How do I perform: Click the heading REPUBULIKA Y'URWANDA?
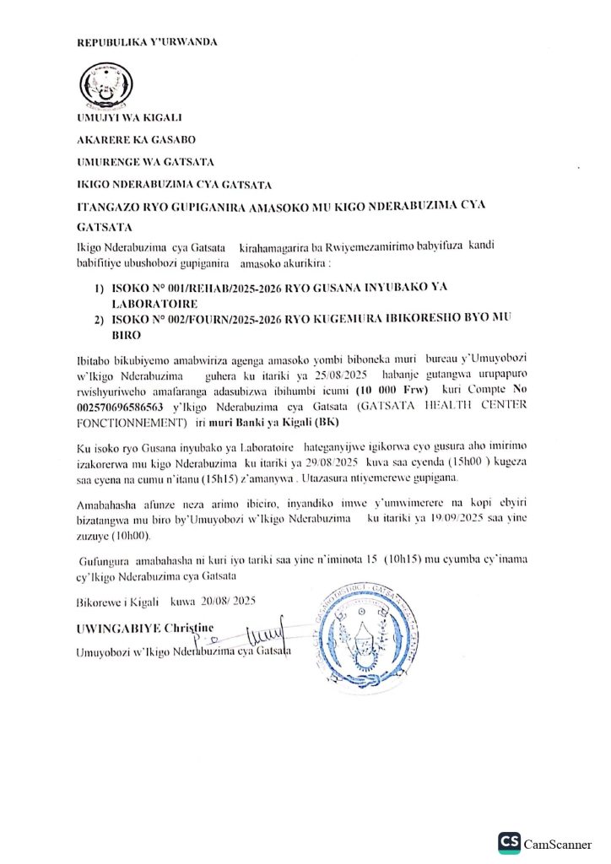147,42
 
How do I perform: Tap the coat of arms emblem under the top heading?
105,85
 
